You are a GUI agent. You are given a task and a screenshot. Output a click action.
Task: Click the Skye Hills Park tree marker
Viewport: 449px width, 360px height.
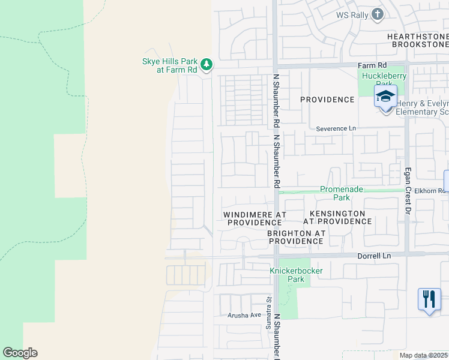(x=206, y=64)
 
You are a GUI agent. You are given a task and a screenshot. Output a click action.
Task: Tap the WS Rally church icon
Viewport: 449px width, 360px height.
(x=377, y=14)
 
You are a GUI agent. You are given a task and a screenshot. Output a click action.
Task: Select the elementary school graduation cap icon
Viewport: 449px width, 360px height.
(x=385, y=96)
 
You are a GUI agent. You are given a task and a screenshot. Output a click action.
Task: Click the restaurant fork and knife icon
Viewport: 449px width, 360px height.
(x=429, y=298)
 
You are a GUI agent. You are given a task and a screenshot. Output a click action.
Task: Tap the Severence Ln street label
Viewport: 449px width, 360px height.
(x=336, y=129)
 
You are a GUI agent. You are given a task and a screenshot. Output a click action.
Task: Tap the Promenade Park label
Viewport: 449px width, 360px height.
(x=342, y=193)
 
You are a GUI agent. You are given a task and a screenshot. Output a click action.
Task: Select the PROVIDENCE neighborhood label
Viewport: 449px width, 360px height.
(x=327, y=100)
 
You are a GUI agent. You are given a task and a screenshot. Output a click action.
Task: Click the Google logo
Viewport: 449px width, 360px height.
(x=20, y=353)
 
